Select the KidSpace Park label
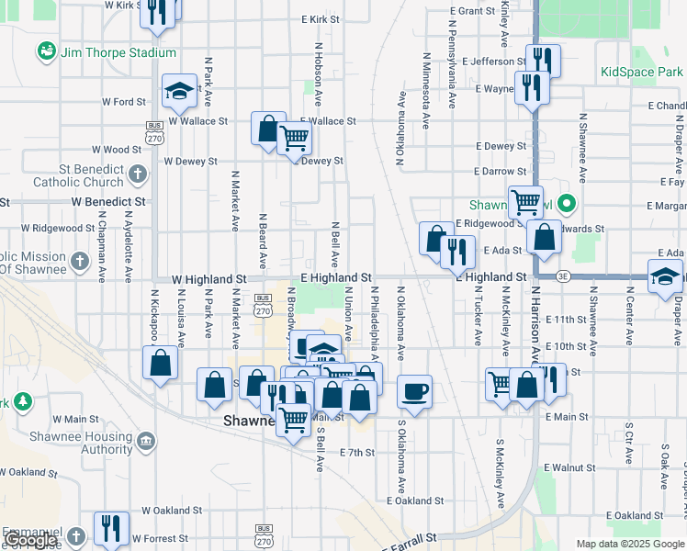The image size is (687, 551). [641, 72]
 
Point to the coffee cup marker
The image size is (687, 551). [414, 391]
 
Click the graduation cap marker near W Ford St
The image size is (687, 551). [179, 90]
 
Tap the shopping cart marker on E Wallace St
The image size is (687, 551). [295, 139]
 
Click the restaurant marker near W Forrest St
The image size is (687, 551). [112, 527]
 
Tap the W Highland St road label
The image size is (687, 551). [209, 277]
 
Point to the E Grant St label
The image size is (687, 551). [474, 11]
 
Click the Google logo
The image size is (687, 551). [30, 541]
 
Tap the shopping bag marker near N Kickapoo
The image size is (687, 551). [160, 362]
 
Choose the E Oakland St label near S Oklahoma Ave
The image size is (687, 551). [415, 501]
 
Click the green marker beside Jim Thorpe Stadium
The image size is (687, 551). [45, 52]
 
